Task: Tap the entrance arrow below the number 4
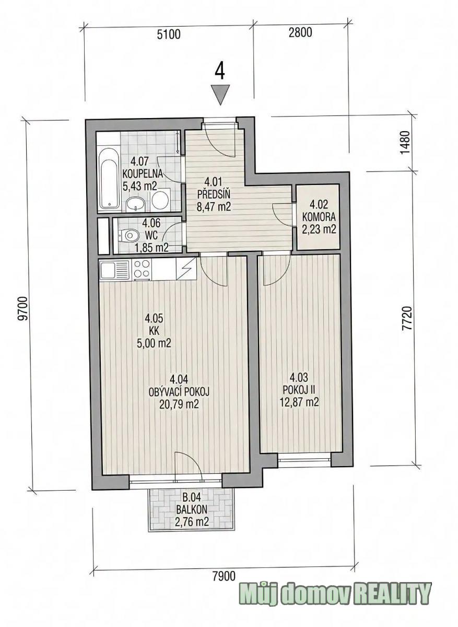[x=220, y=95]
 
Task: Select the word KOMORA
[x=319, y=217]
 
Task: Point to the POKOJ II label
[x=299, y=389]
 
